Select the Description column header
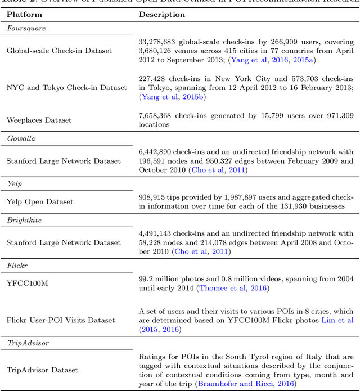pyautogui.click(x=162, y=14)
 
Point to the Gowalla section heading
pyautogui.click(x=21, y=138)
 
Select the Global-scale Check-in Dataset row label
pyautogui.click(x=59, y=51)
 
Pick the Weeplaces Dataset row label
pyautogui.click(x=39, y=120)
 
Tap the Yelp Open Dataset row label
pyautogui.click(x=40, y=201)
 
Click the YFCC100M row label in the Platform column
pyautogui.click(x=27, y=283)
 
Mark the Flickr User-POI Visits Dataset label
pyautogui.click(x=61, y=320)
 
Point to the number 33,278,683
pyautogui.click(x=160, y=41)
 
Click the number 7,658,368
pyautogui.click(x=157, y=115)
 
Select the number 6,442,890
pyautogui.click(x=157, y=152)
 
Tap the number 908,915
pyautogui.click(x=155, y=197)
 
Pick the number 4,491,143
pyautogui.click(x=157, y=233)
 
